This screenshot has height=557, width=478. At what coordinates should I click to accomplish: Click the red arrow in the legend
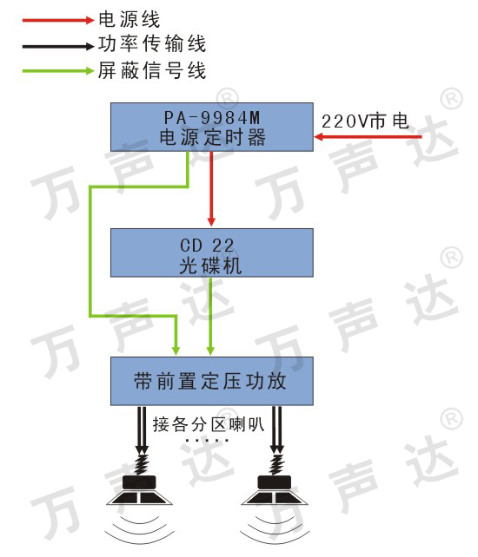58,20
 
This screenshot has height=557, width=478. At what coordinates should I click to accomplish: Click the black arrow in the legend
58,46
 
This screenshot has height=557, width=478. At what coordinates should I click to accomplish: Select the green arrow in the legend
58,71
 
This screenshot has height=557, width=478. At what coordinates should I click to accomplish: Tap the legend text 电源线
129,20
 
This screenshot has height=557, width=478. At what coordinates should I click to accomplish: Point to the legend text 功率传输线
152,44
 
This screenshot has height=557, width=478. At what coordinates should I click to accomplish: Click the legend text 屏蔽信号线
152,70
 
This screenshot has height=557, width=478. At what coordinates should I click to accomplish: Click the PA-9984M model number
212,118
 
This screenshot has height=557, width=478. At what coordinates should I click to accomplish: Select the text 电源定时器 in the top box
212,137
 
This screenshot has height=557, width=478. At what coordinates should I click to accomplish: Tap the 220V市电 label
365,121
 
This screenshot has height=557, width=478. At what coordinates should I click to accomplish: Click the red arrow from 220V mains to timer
368,136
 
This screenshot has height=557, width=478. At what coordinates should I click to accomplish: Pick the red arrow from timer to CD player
211,188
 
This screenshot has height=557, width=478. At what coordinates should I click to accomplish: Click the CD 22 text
207,246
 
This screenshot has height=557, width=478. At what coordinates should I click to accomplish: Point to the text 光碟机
210,265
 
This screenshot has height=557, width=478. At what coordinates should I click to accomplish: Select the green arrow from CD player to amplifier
210,316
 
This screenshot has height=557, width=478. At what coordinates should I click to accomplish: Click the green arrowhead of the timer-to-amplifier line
176,350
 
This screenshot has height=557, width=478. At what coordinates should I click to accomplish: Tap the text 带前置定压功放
210,381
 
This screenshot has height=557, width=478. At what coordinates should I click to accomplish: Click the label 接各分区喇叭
209,424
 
